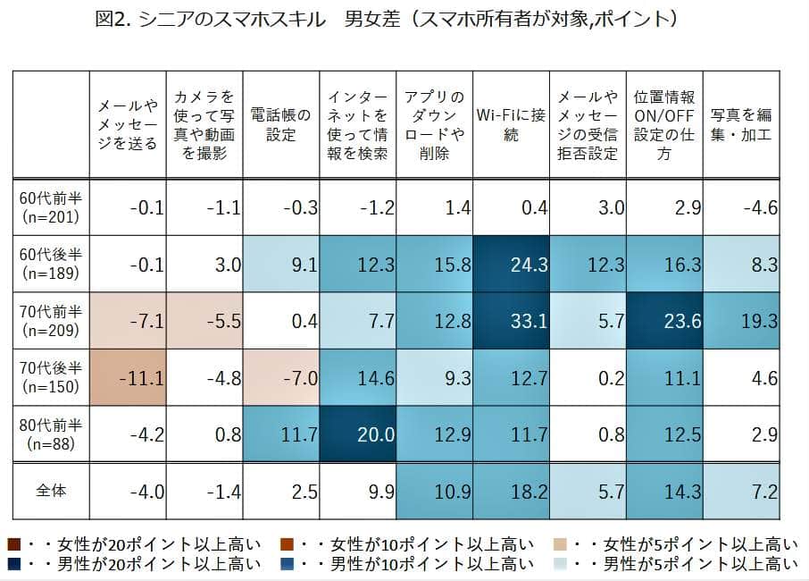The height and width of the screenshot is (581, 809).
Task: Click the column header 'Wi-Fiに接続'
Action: [512, 125]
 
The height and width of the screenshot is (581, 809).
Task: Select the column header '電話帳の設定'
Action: [281, 125]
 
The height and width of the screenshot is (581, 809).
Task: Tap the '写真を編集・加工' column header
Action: [741, 125]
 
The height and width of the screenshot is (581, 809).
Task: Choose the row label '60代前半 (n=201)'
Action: [51, 207]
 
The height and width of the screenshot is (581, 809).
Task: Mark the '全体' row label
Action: [51, 491]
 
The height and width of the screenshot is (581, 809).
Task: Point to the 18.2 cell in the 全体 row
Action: [512, 491]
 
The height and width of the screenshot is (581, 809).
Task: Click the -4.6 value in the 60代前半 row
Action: [741, 208]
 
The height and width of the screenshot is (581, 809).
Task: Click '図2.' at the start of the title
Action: [113, 20]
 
